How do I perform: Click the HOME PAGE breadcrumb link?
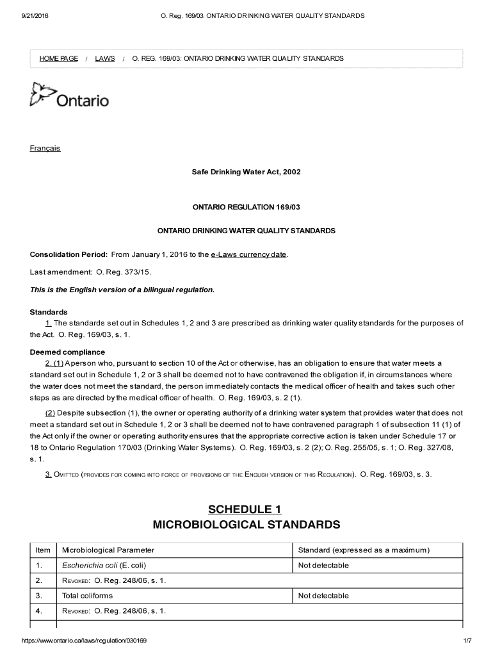(58, 58)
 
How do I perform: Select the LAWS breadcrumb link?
(105, 58)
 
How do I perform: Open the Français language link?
(45, 148)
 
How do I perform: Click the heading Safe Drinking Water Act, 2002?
(247, 172)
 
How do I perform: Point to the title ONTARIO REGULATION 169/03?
(247, 208)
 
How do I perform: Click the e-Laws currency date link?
(250, 254)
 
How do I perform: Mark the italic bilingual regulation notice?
(122, 290)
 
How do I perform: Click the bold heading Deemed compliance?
(67, 352)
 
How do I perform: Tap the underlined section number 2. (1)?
(54, 363)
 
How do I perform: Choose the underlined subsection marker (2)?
(50, 413)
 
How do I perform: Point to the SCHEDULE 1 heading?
(245, 509)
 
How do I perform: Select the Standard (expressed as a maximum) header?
(364, 550)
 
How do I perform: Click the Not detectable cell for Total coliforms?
(323, 596)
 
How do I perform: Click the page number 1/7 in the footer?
(467, 641)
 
